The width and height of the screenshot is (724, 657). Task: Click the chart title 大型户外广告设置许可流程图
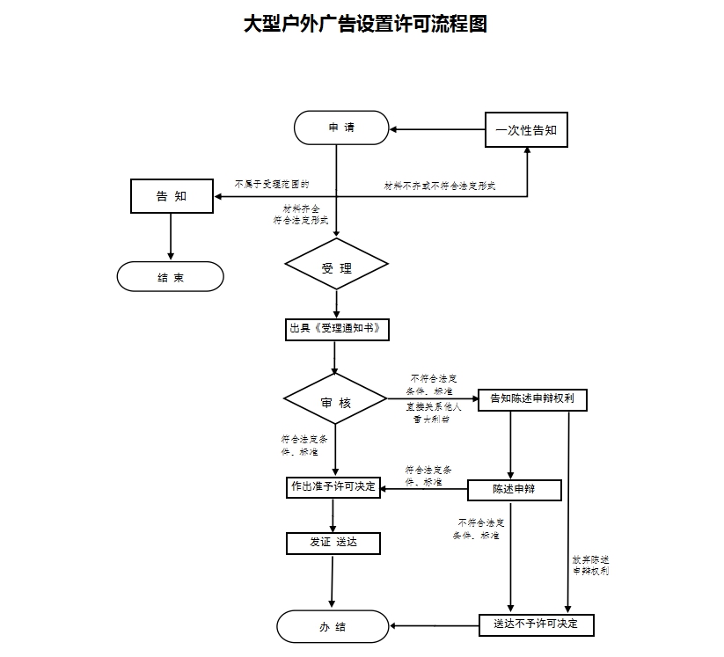[365, 24]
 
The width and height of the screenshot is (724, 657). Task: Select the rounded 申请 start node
[341, 128]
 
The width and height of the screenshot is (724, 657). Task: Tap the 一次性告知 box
[526, 130]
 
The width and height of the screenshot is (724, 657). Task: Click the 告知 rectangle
[172, 196]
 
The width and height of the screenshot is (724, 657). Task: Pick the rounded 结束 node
[171, 277]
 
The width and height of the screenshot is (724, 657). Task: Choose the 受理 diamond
[336, 268]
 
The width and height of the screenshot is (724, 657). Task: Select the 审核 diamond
[336, 403]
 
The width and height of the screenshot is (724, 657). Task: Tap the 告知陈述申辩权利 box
[532, 399]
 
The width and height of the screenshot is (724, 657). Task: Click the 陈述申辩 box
[514, 490]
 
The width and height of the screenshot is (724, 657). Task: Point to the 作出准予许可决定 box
[333, 486]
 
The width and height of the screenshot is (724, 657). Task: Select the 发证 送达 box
[333, 543]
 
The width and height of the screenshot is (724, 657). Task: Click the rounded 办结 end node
[333, 627]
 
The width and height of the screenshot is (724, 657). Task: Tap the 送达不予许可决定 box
[536, 624]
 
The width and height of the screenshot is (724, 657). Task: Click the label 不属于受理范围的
[271, 185]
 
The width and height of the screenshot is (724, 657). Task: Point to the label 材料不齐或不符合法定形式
[440, 186]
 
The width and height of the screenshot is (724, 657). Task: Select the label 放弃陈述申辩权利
[590, 565]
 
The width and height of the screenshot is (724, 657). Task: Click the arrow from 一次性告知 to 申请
[437, 130]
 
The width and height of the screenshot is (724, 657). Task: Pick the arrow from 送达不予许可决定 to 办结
[435, 626]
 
